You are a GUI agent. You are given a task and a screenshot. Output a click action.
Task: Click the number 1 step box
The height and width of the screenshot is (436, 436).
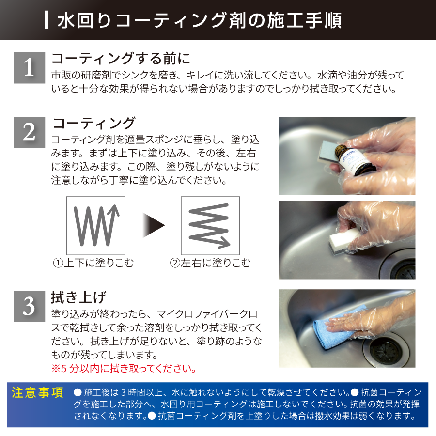pyautogui.click(x=30, y=68)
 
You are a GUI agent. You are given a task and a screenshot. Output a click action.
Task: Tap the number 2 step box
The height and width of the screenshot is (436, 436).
pyautogui.click(x=30, y=132)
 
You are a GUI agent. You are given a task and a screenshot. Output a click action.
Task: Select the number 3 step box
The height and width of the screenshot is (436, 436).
pyautogui.click(x=30, y=307)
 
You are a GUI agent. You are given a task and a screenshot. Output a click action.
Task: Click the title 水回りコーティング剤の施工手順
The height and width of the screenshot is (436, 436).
pyautogui.click(x=200, y=20)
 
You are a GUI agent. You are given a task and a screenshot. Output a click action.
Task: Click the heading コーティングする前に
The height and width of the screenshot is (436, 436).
pyautogui.click(x=121, y=59)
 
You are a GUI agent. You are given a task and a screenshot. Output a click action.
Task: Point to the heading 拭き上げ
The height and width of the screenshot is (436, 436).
pyautogui.click(x=78, y=297)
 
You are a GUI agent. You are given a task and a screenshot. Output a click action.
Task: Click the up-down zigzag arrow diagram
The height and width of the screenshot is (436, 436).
pyautogui.click(x=95, y=225)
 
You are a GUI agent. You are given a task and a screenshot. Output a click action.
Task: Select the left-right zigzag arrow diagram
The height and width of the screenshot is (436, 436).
pyautogui.click(x=210, y=225)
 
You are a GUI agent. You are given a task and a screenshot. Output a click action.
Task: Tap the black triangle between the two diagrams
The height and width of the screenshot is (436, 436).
pyautogui.click(x=154, y=225)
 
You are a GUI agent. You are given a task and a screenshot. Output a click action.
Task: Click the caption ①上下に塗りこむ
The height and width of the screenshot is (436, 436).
pyautogui.click(x=93, y=263)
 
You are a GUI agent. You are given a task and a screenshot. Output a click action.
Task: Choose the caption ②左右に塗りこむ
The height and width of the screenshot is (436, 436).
pyautogui.click(x=210, y=263)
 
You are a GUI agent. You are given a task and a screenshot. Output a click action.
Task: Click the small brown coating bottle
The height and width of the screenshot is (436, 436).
pyautogui.click(x=355, y=159)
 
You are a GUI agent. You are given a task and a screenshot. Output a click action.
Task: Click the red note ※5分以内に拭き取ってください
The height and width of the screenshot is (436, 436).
pyautogui.click(x=124, y=369)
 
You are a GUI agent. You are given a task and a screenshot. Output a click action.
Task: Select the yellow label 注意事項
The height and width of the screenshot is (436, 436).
pyautogui.click(x=37, y=392)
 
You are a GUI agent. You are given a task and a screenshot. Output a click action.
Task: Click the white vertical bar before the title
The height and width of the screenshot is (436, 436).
pyautogui.click(x=47, y=20)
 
